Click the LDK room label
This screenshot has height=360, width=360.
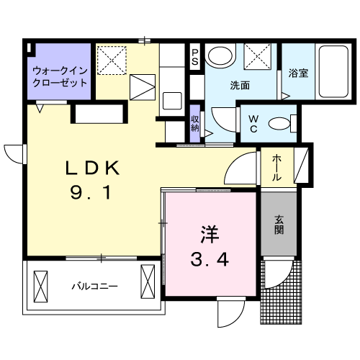click(93, 168)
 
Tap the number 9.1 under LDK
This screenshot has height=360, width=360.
click(91, 193)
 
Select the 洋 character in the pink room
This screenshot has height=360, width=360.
click(210, 234)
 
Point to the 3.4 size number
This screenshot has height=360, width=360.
click(210, 259)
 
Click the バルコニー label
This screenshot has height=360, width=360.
click(95, 287)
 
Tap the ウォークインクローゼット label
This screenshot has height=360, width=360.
click(60, 77)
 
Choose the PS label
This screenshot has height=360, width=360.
click(195, 57)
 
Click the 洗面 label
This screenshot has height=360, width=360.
click(240, 85)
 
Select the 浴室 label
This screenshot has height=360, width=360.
click(298, 73)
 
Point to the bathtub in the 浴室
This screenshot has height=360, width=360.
click(333, 71)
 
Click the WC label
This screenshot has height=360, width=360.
click(253, 124)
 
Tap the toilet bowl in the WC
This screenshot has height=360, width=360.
click(279, 124)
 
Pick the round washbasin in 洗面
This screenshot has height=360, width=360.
click(220, 56)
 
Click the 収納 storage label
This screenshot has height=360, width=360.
click(195, 123)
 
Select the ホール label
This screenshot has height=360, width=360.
click(276, 168)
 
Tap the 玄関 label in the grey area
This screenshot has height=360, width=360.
click(279, 225)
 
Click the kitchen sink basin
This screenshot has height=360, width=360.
click(172, 101)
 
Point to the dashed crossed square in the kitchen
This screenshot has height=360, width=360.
click(112, 60)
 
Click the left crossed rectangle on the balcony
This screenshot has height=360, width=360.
click(40, 287)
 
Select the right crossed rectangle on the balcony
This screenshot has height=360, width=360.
click(148, 282)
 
